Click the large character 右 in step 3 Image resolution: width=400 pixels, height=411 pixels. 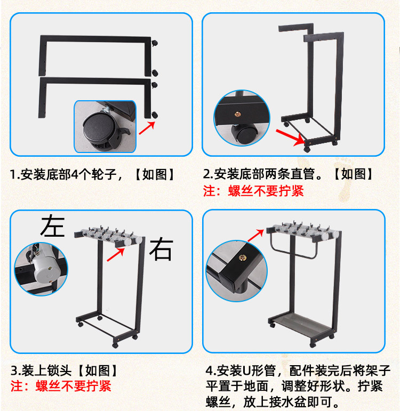(161, 248)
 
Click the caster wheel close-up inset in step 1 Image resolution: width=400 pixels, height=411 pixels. (105, 125)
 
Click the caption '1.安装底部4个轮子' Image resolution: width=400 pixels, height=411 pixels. (93, 174)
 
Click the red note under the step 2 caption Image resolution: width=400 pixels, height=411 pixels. (253, 191)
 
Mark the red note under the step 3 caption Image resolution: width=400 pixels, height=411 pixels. (61, 385)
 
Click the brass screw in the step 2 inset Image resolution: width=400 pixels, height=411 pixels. (237, 114)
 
